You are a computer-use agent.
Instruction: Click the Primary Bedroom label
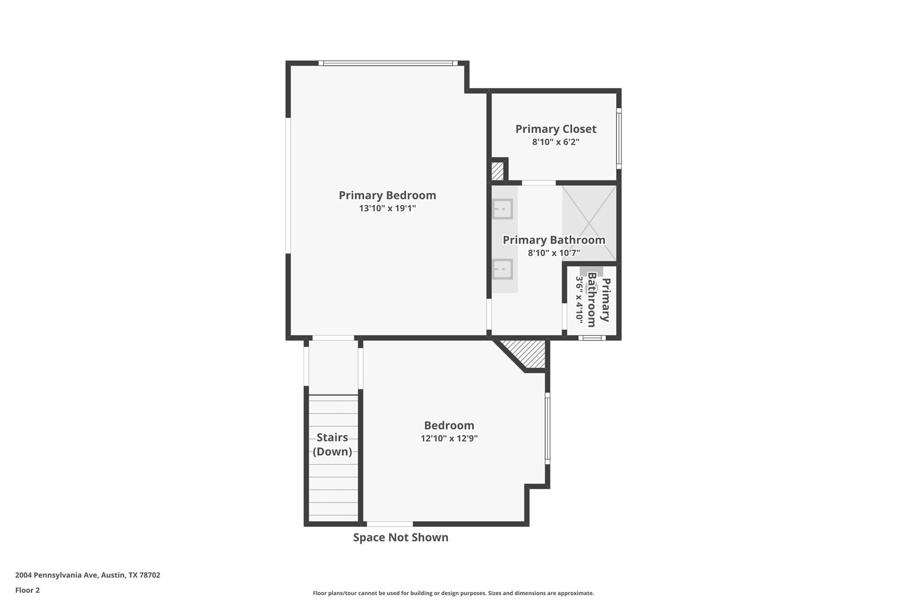coord(387,195)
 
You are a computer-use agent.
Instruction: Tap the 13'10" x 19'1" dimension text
coord(387,208)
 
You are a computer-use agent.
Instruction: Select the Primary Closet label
coord(555,129)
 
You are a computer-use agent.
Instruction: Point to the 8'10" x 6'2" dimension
coord(555,142)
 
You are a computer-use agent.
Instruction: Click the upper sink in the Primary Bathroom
coord(503,209)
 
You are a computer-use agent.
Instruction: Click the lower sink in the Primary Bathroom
coord(503,269)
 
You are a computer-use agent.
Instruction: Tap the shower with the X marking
coord(589,223)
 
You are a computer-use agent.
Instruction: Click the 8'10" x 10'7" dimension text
coord(554,253)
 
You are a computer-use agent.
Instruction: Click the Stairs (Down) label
coord(332,445)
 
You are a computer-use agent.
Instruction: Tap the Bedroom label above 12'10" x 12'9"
coord(449,425)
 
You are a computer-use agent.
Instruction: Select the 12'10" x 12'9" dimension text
coord(449,439)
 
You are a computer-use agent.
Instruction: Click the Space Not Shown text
coord(400,537)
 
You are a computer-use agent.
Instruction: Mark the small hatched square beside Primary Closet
coord(497,171)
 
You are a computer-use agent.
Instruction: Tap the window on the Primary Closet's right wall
coord(619,138)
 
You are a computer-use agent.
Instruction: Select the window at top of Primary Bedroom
coord(388,63)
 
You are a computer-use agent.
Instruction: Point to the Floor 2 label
coord(27,590)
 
